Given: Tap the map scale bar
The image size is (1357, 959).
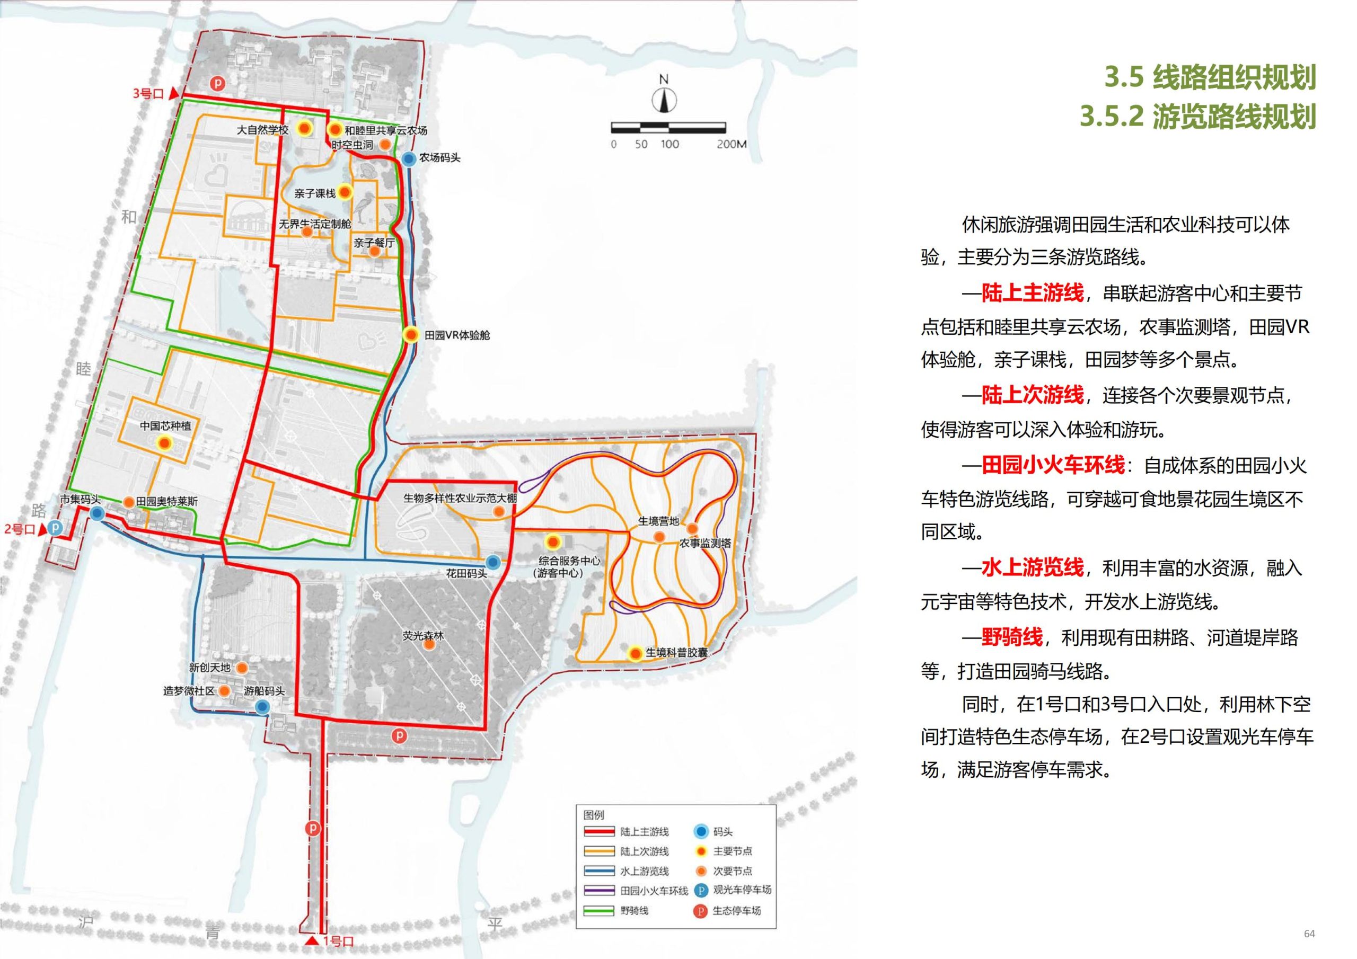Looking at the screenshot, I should (x=668, y=127).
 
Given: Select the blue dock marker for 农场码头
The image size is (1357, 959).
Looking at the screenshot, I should (x=409, y=158).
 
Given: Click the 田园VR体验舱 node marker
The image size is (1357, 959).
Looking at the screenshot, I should (x=411, y=335).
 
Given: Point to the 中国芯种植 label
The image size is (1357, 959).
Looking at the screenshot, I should (x=165, y=425).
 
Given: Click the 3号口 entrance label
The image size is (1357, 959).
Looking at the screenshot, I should (x=148, y=93).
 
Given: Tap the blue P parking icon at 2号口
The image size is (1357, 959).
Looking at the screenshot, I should (x=55, y=527).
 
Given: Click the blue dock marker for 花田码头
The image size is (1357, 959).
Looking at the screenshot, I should (x=493, y=562).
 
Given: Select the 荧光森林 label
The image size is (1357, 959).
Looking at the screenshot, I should (x=422, y=636).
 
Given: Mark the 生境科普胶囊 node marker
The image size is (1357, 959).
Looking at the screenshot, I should (x=636, y=653).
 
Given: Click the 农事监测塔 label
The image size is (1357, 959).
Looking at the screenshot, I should (x=705, y=543).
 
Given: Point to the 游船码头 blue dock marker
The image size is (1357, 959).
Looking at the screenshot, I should (x=263, y=707).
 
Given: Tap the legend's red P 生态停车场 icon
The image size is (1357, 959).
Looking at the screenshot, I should (x=700, y=911).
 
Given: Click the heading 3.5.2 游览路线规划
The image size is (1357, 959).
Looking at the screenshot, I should (x=1197, y=117).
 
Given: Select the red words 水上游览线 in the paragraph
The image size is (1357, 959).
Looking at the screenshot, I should (x=1032, y=568).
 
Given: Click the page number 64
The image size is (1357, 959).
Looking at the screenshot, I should (x=1309, y=934).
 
